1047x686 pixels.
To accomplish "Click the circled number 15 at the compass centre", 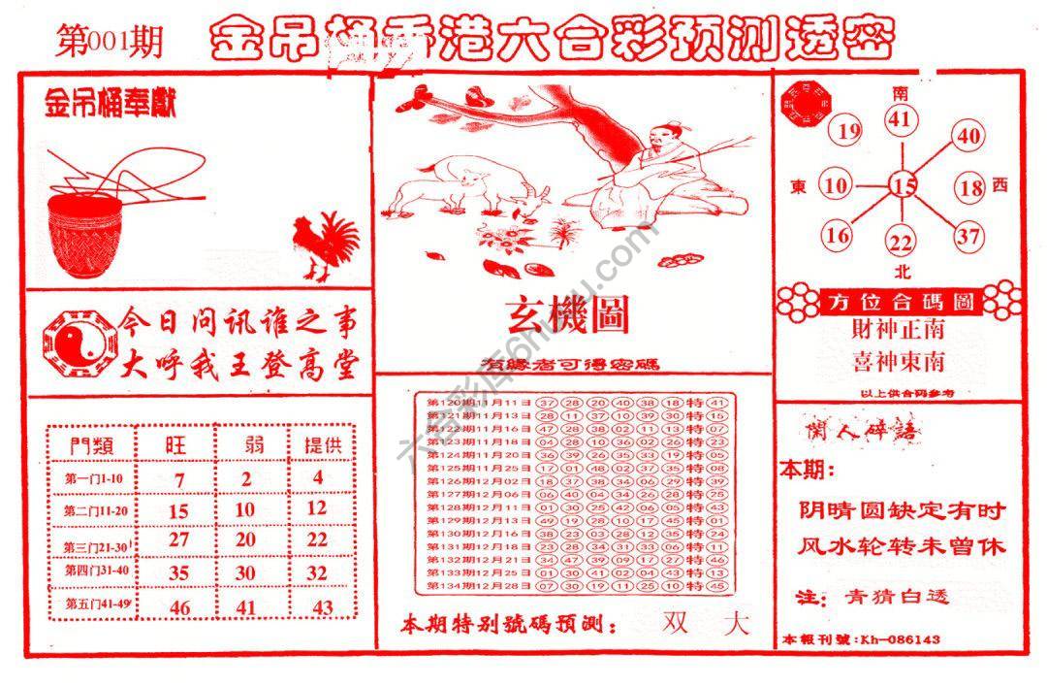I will (x=904, y=184).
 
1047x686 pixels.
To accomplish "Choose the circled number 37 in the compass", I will (x=968, y=235).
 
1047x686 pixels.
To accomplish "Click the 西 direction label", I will (x=1000, y=185).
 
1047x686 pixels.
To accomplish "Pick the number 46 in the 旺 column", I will (x=178, y=608).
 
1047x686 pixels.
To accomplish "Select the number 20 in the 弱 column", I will (x=246, y=539).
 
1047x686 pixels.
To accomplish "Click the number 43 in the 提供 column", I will (x=323, y=608).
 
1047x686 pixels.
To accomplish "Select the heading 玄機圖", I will (x=567, y=315).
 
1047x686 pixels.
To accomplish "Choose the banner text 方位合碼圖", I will (x=899, y=302).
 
